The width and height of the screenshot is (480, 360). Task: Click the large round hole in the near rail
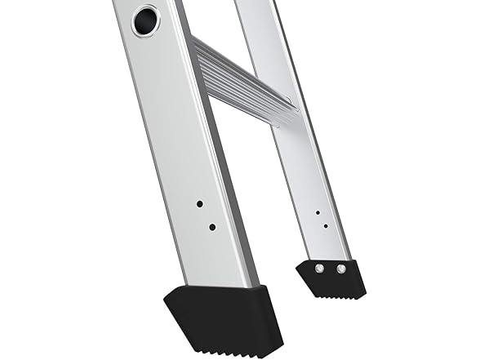click(146, 20)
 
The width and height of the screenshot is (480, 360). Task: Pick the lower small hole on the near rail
click(211, 227)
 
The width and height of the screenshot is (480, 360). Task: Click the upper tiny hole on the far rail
click(318, 212)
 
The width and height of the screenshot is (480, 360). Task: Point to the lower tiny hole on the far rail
click(325, 226)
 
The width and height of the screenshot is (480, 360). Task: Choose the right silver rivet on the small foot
click(340, 267)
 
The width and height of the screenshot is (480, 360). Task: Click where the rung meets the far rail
click(282, 110)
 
